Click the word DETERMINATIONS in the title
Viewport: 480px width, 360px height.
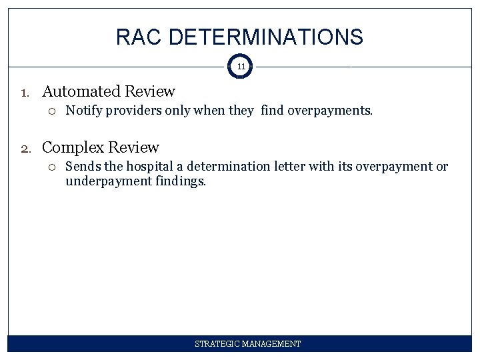266,37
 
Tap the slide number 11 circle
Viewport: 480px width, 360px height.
241,67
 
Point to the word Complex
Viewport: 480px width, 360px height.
73,148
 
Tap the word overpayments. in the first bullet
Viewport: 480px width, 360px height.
330,111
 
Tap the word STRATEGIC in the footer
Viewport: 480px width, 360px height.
218,344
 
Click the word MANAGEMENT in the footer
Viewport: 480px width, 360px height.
272,344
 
